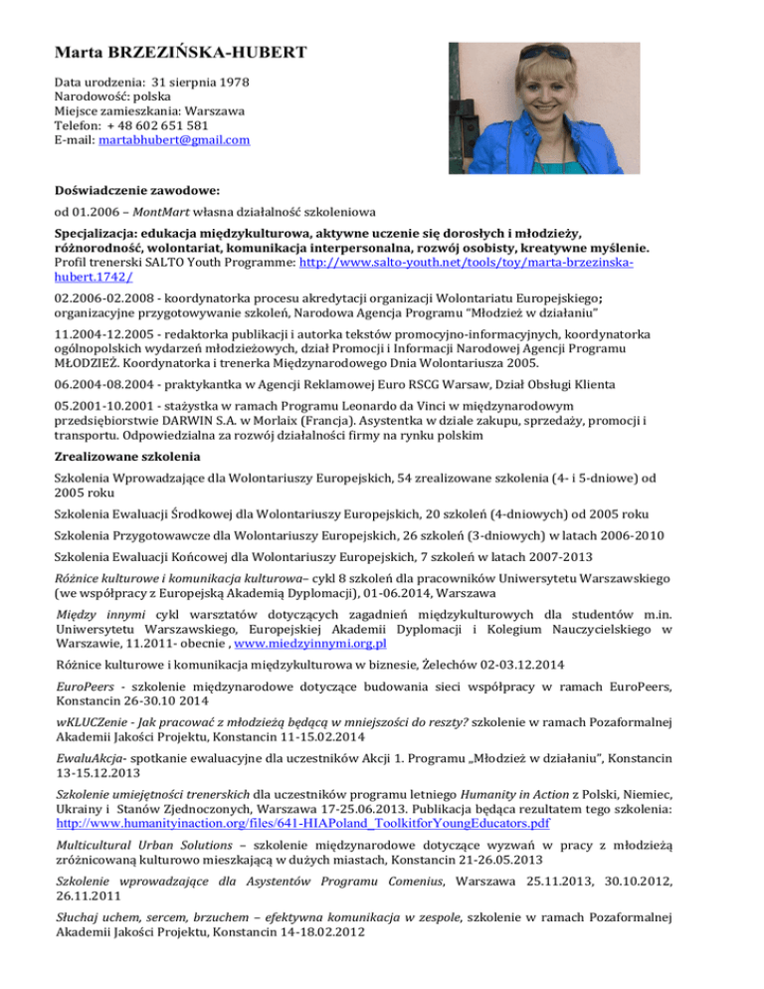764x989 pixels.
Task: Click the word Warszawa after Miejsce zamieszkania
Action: pyautogui.click(x=214, y=112)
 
